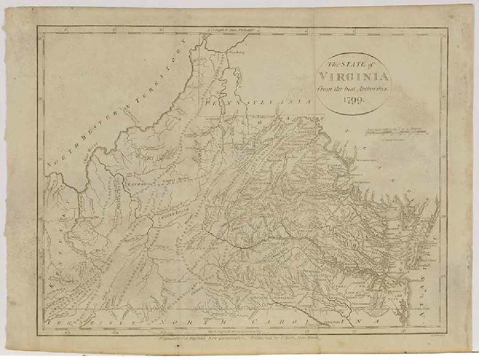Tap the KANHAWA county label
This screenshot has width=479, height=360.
pos(138,184)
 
